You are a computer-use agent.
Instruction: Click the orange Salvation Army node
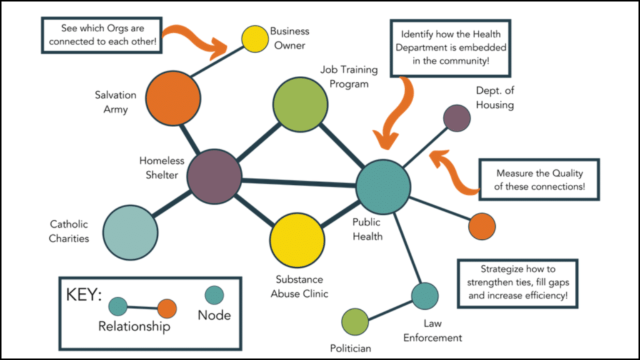(173, 98)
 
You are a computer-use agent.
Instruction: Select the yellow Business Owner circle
(255, 39)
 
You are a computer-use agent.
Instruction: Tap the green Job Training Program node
(300, 104)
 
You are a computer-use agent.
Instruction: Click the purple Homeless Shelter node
(214, 176)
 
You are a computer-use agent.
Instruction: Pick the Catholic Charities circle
(130, 232)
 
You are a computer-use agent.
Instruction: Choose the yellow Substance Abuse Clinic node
(297, 240)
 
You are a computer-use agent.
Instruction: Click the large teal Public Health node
(383, 187)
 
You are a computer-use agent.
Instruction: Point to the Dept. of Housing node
(457, 118)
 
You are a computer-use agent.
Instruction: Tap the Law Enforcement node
(425, 295)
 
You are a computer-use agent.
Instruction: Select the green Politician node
(355, 321)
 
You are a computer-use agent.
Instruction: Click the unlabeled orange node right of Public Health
(482, 226)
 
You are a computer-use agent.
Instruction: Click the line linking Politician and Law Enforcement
(390, 308)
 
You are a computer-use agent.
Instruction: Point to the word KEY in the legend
(83, 295)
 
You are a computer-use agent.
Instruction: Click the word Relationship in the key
(134, 327)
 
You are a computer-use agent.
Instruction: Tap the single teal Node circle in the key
(214, 295)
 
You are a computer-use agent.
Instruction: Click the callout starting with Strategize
(518, 283)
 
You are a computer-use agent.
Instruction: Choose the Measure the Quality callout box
(539, 180)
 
